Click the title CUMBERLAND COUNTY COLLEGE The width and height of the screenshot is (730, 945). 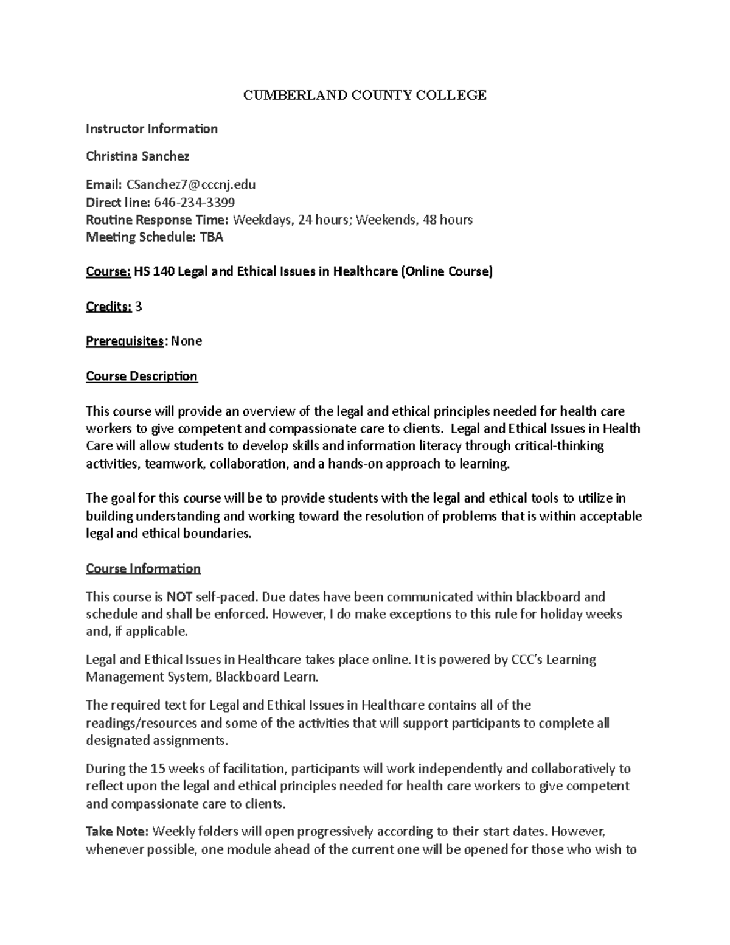tap(364, 95)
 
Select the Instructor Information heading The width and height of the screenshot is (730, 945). tap(151, 128)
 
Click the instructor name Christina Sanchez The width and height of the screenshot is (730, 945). tap(137, 156)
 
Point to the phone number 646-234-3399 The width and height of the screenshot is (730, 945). tap(194, 202)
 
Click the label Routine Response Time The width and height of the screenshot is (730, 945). tap(157, 220)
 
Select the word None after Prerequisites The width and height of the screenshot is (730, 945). tap(186, 341)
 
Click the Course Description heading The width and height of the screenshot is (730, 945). tap(142, 376)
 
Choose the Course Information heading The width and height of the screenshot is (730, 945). tap(143, 568)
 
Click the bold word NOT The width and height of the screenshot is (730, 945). tap(176, 596)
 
